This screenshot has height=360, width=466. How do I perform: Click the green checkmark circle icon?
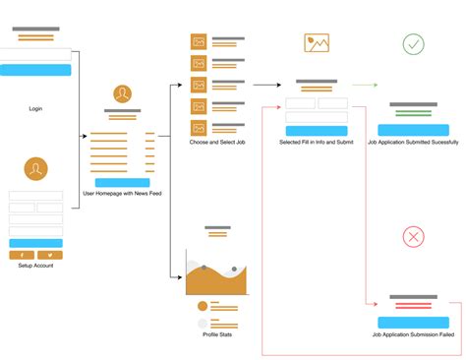[x=414, y=44]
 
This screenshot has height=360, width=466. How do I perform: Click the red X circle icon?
[x=414, y=236]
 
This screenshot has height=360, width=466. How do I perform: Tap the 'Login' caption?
[x=35, y=108]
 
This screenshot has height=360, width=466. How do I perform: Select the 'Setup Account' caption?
[x=35, y=266]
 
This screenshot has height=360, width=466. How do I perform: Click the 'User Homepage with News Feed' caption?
[x=122, y=194]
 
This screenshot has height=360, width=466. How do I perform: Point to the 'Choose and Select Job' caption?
[x=216, y=143]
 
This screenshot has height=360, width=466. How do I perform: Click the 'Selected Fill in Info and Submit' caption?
[x=316, y=143]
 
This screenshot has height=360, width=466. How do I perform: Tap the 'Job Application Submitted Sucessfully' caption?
[x=413, y=143]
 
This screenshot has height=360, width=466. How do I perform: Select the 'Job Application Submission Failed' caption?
[x=413, y=334]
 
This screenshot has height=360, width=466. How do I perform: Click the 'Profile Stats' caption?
[x=216, y=334]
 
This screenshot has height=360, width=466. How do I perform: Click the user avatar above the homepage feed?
[x=122, y=94]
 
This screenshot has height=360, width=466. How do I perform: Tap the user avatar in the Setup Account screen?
[x=35, y=169]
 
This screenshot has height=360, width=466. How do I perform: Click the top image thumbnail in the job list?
[x=199, y=42]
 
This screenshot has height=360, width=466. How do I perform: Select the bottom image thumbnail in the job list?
[x=199, y=128]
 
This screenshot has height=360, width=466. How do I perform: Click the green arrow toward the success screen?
[x=365, y=86]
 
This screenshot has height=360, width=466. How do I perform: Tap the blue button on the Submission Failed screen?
[x=413, y=322]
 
